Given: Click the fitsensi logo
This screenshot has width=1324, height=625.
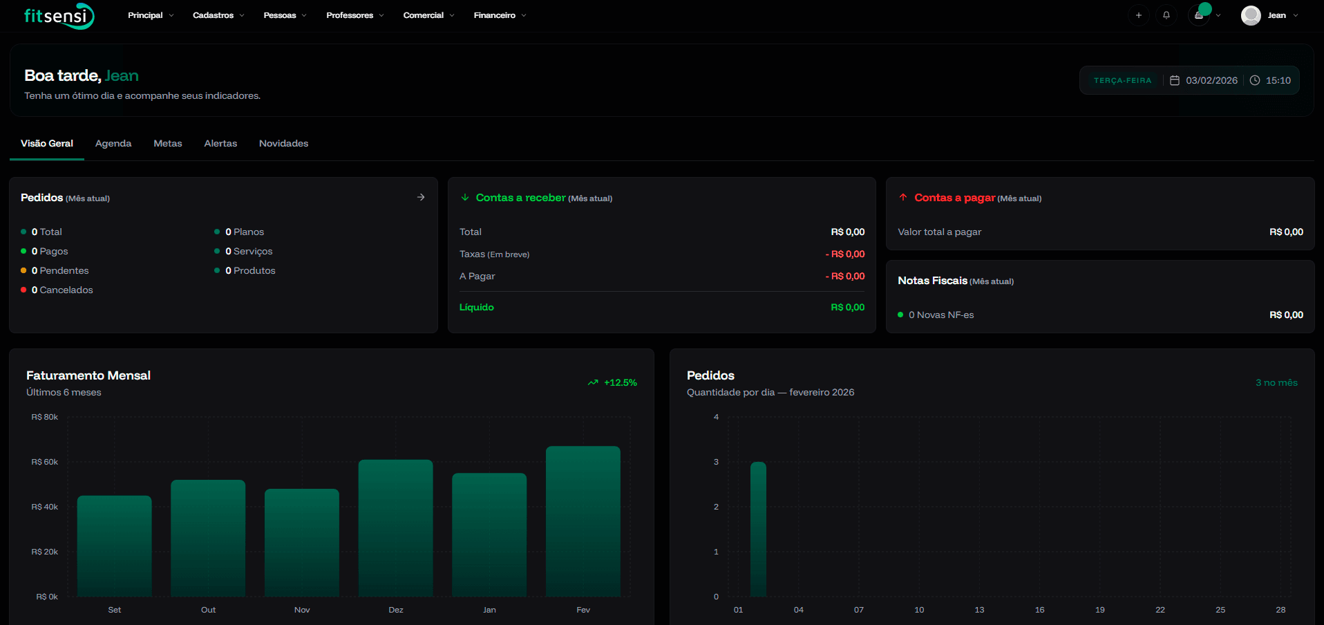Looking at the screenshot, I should (x=59, y=16).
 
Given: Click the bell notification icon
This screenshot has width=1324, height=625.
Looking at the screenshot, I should (x=1166, y=15).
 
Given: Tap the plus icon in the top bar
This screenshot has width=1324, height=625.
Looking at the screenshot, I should (x=1139, y=15).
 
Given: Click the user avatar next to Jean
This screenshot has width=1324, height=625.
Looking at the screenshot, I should (x=1251, y=15).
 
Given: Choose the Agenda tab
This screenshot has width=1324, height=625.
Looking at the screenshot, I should (x=113, y=143).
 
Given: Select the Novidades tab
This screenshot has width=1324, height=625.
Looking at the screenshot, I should (x=283, y=143).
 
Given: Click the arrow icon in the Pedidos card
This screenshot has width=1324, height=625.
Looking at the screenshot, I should (x=421, y=197).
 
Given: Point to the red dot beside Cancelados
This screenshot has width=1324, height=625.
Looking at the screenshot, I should (x=23, y=290).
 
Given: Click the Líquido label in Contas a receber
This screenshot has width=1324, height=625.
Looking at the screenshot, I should (x=477, y=307).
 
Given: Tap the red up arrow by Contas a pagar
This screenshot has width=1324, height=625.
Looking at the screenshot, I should (x=902, y=197).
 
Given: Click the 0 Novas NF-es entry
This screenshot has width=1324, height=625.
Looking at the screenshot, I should (x=940, y=315).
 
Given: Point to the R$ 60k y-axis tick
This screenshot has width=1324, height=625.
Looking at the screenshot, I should (x=45, y=462).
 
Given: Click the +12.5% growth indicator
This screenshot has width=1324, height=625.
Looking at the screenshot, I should (x=613, y=382).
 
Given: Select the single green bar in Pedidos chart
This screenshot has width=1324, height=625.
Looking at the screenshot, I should (x=758, y=529).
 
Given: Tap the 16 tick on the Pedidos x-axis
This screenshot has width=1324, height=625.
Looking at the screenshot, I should (x=1039, y=610).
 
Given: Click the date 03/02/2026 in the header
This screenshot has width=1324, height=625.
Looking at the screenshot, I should (x=1211, y=80).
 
